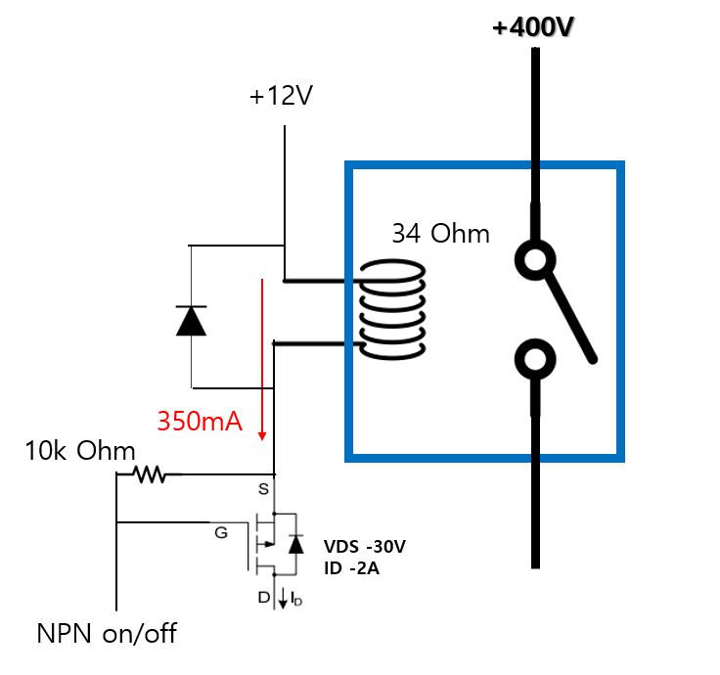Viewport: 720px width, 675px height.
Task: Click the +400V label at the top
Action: click(533, 26)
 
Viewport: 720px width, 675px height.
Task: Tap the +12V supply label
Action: click(283, 97)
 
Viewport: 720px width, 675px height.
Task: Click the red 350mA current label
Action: click(201, 421)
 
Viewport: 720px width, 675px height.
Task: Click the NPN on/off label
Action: click(107, 633)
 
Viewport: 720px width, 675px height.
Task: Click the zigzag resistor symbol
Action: click(152, 475)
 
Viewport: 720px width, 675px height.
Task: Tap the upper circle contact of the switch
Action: click(535, 259)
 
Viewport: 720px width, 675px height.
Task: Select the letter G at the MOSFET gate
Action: click(221, 533)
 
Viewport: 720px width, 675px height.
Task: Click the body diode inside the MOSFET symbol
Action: click(294, 543)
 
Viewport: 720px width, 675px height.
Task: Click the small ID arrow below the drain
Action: click(285, 599)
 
